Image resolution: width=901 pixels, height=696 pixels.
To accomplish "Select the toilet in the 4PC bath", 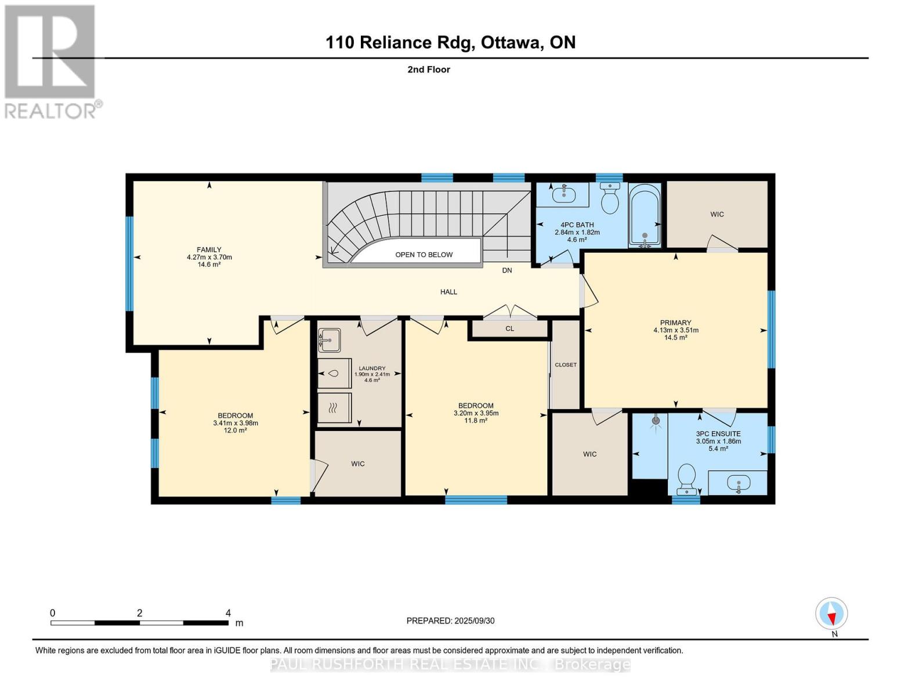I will pos(610,199).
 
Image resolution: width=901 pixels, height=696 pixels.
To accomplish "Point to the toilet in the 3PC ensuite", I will pos(687,478).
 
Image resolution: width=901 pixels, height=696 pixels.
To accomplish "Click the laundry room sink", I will pos(329,340).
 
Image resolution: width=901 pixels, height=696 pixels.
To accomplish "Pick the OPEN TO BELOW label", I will pos(424,255).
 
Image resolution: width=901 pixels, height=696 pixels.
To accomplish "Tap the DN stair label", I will pos(506,270).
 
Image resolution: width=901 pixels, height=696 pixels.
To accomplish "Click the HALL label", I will pos(448,292).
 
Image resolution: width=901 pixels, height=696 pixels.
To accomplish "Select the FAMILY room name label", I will pos(209,250).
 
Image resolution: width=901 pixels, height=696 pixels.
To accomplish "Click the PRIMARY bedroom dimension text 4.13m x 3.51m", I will pos(675,330).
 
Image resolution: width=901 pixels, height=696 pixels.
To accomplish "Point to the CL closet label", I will pos(509,329).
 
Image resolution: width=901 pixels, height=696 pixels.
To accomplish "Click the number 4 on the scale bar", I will pos(228,613).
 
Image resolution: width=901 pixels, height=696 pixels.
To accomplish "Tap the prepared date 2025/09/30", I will pos(473,621).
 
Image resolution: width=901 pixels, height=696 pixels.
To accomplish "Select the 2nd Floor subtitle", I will pos(429,70).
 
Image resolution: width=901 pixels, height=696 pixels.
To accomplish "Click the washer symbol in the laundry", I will pos(334,374).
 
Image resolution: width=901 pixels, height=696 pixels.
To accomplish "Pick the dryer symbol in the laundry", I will pos(334,408).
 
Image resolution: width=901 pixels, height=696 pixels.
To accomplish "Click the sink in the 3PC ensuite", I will pos(738,483).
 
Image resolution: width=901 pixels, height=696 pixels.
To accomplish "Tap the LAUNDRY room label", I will pos(372,368).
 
